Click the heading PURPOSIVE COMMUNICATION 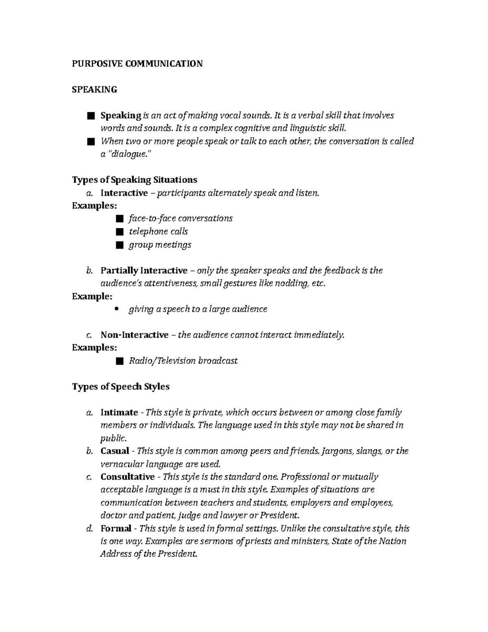[137, 63]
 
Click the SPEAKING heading [94, 90]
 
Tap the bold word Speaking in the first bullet [120, 116]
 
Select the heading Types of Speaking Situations [134, 180]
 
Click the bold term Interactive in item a [124, 193]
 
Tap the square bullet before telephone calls [119, 232]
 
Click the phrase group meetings [160, 245]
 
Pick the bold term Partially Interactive [144, 271]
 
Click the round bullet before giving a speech [117, 309]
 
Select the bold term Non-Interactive [134, 335]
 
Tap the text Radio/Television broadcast [183, 361]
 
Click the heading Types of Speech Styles [120, 387]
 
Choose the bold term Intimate [119, 413]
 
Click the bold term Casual [115, 451]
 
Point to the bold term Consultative [127, 477]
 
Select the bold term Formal [116, 529]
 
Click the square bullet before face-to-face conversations [119, 219]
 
